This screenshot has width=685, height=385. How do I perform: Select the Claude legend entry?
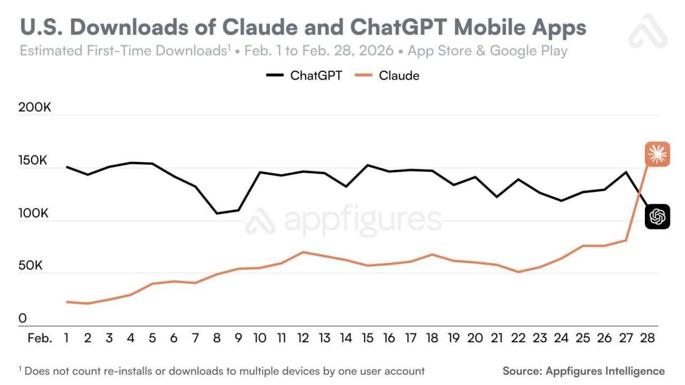(389, 75)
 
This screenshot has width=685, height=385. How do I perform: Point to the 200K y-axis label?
(35, 107)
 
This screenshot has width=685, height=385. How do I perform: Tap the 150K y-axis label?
(34, 160)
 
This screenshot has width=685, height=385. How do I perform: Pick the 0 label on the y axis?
(22, 319)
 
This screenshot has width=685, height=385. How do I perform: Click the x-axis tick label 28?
(648, 338)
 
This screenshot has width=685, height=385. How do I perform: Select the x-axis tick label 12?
(303, 338)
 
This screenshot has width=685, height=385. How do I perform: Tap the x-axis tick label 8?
(217, 338)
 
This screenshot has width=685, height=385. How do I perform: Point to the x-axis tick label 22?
(519, 338)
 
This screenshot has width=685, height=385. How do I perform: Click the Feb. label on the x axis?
(40, 338)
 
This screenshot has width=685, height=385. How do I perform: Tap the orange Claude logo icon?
(657, 155)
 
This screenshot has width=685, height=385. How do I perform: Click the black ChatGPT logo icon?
(657, 217)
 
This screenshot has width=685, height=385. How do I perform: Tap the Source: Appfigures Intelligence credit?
(583, 371)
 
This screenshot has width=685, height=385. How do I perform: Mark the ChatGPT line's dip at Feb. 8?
(217, 213)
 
